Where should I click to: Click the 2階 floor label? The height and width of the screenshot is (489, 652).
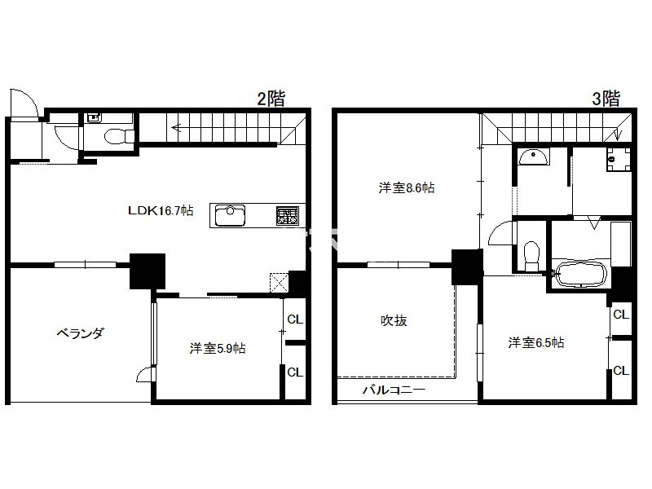(x=271, y=99)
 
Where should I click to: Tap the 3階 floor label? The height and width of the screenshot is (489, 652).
(x=606, y=99)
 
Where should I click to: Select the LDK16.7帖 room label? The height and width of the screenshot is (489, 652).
(x=161, y=210)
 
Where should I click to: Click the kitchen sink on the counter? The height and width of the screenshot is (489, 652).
(x=230, y=215)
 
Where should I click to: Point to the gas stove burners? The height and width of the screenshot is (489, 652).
(x=288, y=216)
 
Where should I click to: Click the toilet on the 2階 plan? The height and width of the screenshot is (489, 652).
(x=119, y=136)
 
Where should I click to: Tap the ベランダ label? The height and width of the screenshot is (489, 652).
(x=80, y=333)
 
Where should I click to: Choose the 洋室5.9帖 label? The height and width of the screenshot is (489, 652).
(x=218, y=348)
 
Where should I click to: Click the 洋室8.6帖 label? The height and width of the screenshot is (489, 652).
(x=407, y=188)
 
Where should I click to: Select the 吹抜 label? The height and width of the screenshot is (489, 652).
(x=394, y=320)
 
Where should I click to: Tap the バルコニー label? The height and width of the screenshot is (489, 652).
(x=394, y=390)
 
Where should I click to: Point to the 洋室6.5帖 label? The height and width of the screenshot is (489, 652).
(x=536, y=342)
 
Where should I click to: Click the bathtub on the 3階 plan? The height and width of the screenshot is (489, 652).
(x=582, y=274)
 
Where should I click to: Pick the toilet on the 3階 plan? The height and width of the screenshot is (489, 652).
(x=531, y=256)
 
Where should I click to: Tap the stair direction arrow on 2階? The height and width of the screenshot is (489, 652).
(x=177, y=127)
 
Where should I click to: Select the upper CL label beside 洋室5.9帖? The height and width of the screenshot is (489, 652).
(x=295, y=319)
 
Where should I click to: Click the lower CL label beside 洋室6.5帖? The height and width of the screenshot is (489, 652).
(x=621, y=370)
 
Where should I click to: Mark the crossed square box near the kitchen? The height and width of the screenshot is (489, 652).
(x=279, y=283)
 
